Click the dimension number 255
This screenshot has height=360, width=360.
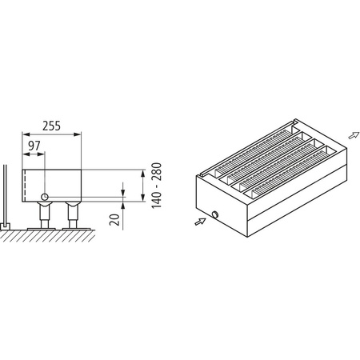(53, 126)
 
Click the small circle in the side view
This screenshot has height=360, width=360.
(46, 197)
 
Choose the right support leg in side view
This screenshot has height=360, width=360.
(74, 216)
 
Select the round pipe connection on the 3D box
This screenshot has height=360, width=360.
(215, 214)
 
